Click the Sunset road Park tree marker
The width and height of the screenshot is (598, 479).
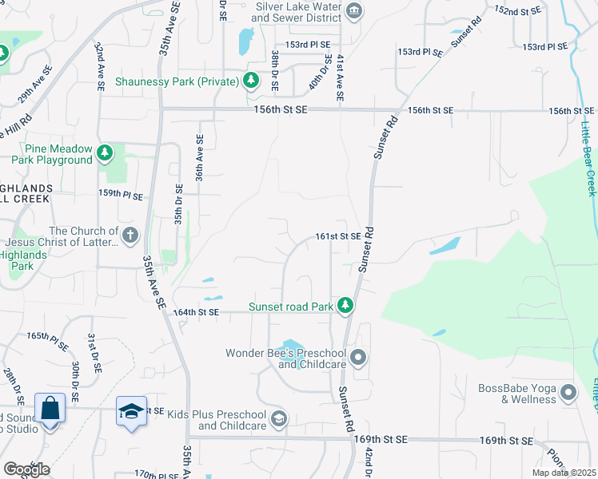(x=345, y=306)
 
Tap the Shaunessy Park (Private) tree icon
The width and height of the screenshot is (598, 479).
(x=251, y=81)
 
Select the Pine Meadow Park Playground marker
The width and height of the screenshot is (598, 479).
(x=104, y=152)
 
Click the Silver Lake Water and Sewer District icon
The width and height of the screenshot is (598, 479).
(x=356, y=11)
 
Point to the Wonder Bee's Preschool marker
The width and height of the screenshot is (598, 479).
(x=357, y=358)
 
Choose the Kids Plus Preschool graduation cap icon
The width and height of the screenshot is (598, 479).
(x=278, y=418)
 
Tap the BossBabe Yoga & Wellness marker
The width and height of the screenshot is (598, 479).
(x=568, y=393)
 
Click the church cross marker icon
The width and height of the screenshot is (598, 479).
(x=130, y=236)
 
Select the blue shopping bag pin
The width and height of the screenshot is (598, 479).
(x=50, y=409)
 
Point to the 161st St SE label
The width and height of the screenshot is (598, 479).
(x=338, y=236)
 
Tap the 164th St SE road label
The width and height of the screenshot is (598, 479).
(x=197, y=312)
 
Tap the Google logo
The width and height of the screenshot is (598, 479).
(x=26, y=469)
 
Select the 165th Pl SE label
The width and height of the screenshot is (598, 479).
(x=48, y=338)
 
